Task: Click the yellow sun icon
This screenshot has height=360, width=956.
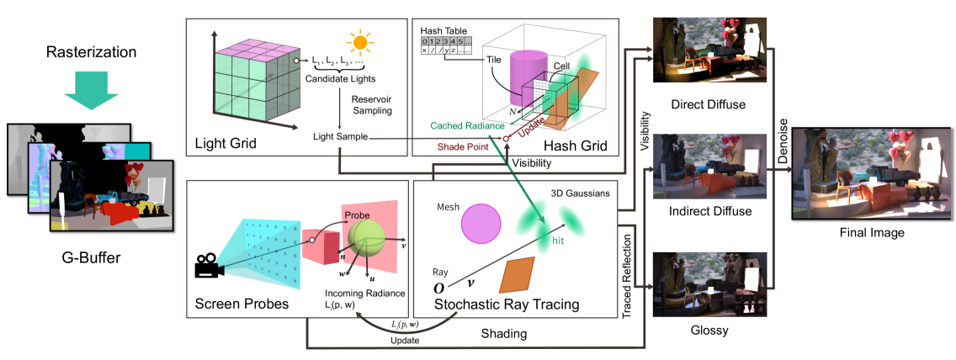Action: point(359,43)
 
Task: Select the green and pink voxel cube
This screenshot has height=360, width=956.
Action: point(256,82)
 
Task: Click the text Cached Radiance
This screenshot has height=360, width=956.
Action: point(467,125)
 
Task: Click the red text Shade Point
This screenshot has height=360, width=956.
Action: point(465,146)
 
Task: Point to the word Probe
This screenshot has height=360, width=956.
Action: point(357,216)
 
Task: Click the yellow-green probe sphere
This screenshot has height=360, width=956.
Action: point(367,238)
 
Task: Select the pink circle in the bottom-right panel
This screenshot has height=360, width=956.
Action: point(481,224)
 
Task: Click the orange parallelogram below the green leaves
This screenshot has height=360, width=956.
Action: point(517,275)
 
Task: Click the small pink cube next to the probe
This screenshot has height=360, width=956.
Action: point(321,246)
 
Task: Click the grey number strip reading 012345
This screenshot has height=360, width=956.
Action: point(446,41)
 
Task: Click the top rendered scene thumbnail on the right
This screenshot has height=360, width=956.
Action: point(709,50)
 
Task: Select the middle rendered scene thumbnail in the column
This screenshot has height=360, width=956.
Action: point(709,166)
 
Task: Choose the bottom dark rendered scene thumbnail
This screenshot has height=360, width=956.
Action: point(709,283)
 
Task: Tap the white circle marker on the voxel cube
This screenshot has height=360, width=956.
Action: point(296,61)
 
